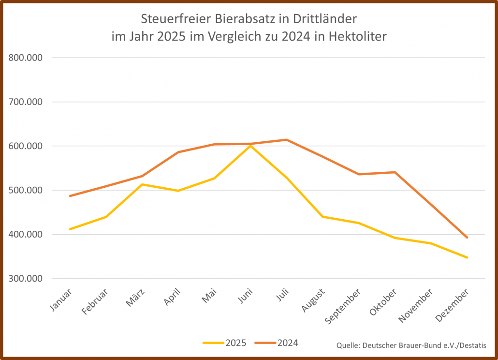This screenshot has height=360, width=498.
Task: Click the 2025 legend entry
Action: tap(225, 343)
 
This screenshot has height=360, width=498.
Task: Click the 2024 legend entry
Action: tap(277, 343)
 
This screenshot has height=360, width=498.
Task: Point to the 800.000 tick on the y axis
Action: tap(26, 58)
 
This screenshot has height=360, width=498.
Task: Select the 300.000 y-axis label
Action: tap(26, 279)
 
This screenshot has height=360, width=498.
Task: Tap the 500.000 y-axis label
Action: tap(26, 190)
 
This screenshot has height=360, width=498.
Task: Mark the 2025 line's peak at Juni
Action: tap(250, 145)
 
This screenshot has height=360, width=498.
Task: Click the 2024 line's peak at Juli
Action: tap(286, 140)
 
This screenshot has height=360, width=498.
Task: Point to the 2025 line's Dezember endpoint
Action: tap(467, 257)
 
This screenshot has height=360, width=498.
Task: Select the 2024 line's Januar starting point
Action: tap(70, 196)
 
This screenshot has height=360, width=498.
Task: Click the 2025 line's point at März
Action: tap(142, 184)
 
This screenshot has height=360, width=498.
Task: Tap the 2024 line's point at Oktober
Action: tap(395, 172)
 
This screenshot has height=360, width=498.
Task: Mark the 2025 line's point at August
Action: tap(322, 216)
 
